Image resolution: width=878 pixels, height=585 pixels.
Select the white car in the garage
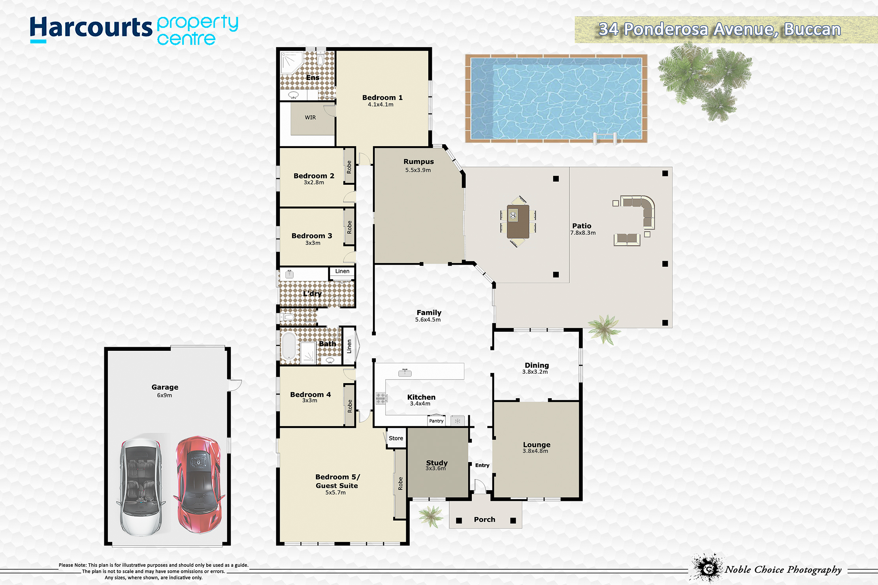[x=141, y=487]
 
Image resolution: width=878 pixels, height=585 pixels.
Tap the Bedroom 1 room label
[x=382, y=98]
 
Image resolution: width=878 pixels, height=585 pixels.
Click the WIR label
[x=310, y=117]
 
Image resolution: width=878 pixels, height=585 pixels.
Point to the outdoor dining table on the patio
[x=518, y=221]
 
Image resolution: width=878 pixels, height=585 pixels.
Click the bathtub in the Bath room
[x=288, y=346]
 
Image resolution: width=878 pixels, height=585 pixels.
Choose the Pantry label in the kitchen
[x=436, y=421]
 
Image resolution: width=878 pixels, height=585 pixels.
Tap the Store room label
[x=396, y=438]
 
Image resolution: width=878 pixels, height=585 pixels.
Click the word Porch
[x=484, y=519]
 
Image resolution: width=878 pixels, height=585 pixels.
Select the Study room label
[x=437, y=463]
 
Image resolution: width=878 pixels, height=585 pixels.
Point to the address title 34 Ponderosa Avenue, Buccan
[x=720, y=29]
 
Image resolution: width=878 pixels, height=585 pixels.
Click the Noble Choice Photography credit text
[x=783, y=570]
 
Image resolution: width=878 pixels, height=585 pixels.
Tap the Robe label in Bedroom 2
[x=349, y=167]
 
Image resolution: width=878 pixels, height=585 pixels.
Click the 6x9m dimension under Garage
[x=164, y=395]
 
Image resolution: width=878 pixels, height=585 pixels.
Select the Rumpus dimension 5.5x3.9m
[x=418, y=170]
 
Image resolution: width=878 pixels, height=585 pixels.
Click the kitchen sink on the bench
[x=405, y=372]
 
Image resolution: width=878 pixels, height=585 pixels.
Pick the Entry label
[x=482, y=465]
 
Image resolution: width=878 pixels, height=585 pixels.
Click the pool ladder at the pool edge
[x=605, y=139]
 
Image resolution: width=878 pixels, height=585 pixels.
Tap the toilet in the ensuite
[x=320, y=59]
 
